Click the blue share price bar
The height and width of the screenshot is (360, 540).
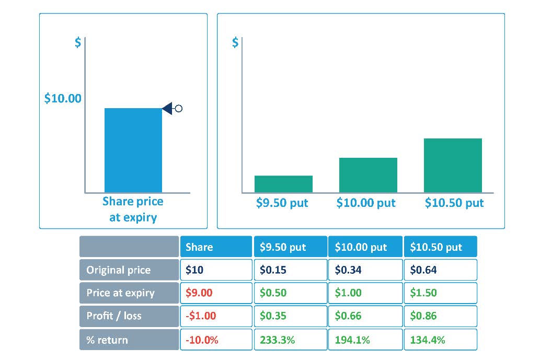(x=133, y=150)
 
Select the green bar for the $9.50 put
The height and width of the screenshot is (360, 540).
(x=283, y=184)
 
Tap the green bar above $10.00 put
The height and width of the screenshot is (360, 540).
(x=368, y=175)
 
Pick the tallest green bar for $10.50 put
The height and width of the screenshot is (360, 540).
(x=453, y=165)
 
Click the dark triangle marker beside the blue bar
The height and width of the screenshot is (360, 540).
(x=168, y=109)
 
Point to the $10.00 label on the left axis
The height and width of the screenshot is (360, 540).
(x=63, y=98)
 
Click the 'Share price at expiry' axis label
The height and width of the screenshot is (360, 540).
(x=133, y=210)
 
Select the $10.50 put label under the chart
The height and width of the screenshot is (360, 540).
(x=454, y=203)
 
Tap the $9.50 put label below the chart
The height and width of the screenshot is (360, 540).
(x=282, y=203)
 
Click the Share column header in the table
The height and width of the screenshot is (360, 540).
(x=216, y=247)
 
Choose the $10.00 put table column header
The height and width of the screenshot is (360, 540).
(x=365, y=247)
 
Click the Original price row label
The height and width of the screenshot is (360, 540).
(x=129, y=270)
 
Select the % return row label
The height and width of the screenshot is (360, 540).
(x=129, y=340)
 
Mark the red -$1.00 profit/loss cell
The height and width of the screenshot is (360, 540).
(x=216, y=316)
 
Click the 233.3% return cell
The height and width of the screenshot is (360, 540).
(x=290, y=340)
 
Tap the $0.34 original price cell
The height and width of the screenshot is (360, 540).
(x=365, y=270)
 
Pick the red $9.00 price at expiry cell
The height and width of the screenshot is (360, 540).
(x=216, y=293)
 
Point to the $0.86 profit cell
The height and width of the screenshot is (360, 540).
(x=440, y=316)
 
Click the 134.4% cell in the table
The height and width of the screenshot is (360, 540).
(x=440, y=340)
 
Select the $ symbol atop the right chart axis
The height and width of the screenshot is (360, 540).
(x=235, y=43)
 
